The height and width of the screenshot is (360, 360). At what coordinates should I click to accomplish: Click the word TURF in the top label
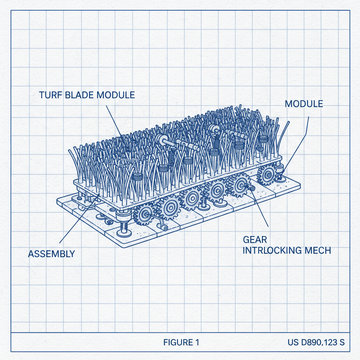click(x=51, y=95)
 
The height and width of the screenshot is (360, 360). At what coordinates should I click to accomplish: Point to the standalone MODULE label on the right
click(x=304, y=104)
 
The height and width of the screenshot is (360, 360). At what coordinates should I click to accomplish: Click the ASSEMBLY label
click(x=51, y=253)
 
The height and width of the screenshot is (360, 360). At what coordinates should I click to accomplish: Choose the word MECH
click(x=319, y=251)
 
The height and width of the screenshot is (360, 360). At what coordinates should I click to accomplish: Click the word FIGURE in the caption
click(x=176, y=342)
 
